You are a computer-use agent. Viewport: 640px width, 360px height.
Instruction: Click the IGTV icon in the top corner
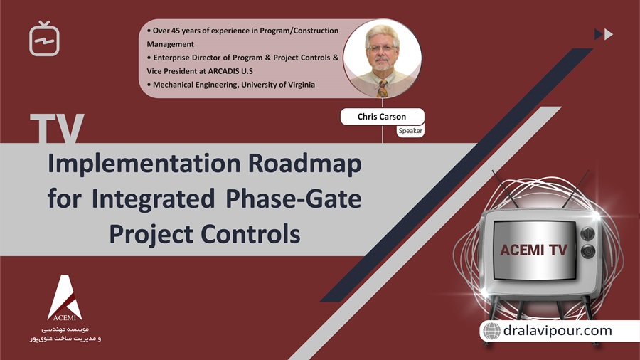(44, 39)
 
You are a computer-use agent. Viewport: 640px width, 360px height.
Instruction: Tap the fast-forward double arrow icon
(603, 34)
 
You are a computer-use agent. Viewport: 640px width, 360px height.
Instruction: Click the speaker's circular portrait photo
(382, 58)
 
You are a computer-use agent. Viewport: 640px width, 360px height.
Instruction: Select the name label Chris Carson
(382, 117)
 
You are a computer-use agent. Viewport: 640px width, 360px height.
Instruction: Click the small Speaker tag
(410, 131)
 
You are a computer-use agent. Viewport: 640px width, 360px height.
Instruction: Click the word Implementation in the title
(143, 164)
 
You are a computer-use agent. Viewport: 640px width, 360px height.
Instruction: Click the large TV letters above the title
(57, 129)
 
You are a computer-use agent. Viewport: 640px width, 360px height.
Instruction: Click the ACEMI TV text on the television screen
(533, 250)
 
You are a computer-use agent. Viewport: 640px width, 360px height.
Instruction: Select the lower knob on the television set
(587, 251)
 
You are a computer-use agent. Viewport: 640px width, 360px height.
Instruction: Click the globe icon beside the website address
(491, 331)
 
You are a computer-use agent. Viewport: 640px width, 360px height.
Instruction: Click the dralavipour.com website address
(557, 331)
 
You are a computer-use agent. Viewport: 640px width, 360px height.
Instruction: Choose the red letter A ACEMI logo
(65, 297)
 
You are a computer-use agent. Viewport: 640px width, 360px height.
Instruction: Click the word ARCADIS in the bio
(225, 71)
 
